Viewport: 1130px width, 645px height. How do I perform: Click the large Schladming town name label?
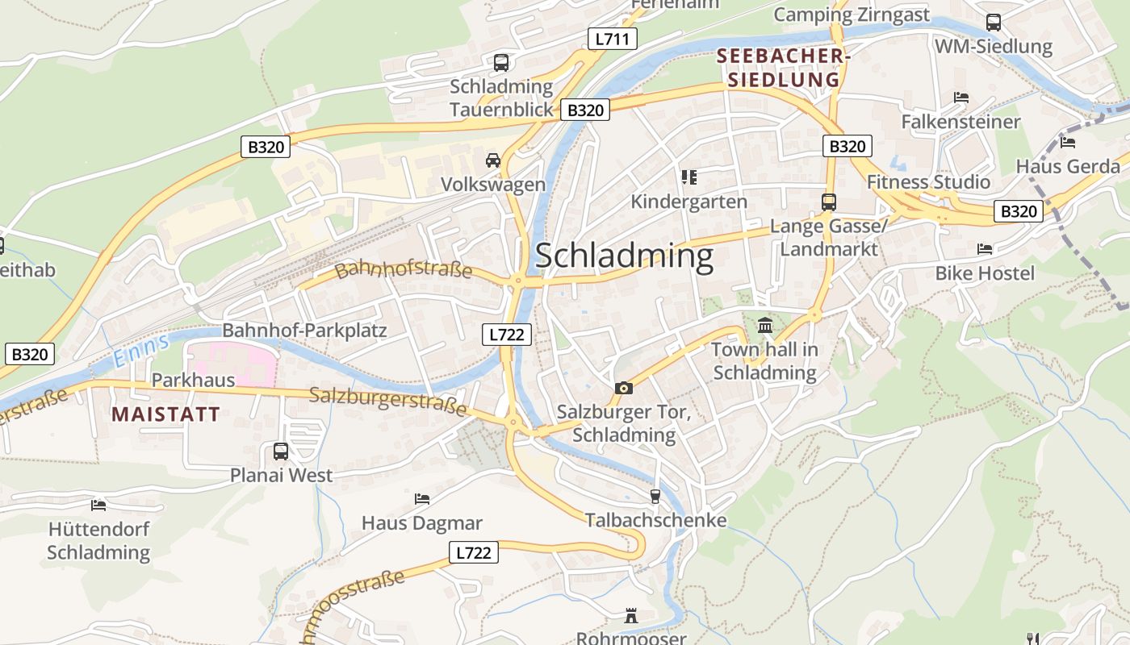(x=624, y=256)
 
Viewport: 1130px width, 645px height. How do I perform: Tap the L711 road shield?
(x=612, y=39)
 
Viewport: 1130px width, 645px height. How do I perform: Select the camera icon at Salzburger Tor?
(x=623, y=389)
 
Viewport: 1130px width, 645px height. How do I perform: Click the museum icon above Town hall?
(x=764, y=326)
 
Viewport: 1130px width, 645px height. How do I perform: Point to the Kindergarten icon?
(x=688, y=177)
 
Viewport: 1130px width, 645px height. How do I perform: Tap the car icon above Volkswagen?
(x=493, y=160)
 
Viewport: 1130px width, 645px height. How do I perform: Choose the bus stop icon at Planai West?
(x=281, y=451)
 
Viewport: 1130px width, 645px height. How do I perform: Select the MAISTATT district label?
(x=165, y=414)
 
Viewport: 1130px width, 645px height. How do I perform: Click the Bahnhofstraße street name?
(x=403, y=268)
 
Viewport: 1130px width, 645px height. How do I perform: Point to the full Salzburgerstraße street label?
(x=388, y=401)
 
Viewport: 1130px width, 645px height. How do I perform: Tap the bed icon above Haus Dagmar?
(x=421, y=499)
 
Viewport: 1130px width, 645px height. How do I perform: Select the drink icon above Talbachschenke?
(x=655, y=496)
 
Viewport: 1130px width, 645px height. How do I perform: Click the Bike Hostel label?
(x=984, y=273)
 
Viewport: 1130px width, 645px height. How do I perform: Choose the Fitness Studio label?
(x=928, y=182)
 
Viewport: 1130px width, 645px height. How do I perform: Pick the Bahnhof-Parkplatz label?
(x=304, y=331)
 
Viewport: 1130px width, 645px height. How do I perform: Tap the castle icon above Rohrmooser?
(x=631, y=617)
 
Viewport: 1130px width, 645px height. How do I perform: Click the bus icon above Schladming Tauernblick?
(x=500, y=62)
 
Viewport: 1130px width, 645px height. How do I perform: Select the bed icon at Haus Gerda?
(x=1068, y=143)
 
